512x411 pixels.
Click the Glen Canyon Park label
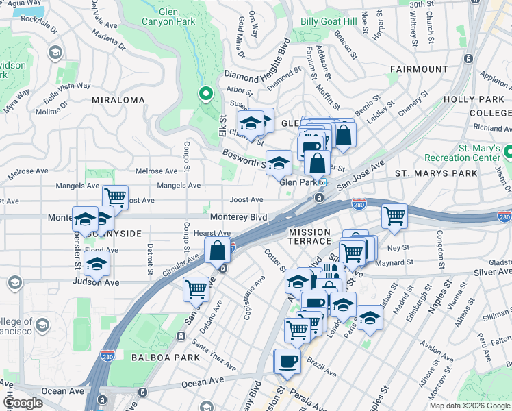[x=177, y=17]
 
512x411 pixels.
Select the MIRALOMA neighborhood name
[x=118, y=100]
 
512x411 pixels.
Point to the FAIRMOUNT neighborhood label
[x=419, y=69]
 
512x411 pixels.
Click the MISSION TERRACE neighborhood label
[x=309, y=234]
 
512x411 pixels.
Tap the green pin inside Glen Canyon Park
[x=205, y=94]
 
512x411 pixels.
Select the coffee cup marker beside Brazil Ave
[x=287, y=362]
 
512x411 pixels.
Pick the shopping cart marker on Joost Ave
[x=116, y=197]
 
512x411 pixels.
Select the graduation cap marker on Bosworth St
[x=279, y=163]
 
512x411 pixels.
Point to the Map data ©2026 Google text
[x=469, y=406]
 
